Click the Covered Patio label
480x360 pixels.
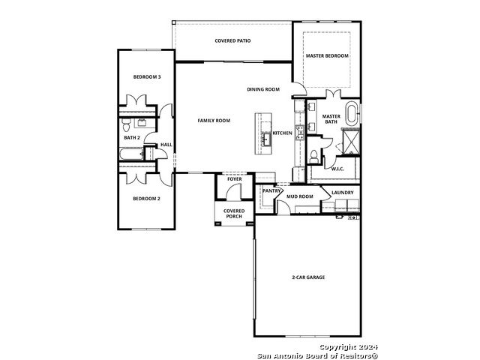(x=232, y=40)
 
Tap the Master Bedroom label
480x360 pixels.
(x=327, y=55)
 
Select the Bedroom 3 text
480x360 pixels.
(x=147, y=76)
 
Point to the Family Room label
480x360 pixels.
(x=214, y=121)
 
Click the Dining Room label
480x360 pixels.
(x=263, y=89)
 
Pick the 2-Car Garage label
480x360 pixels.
(x=308, y=277)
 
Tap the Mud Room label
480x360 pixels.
(x=300, y=196)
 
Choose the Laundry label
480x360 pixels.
(x=343, y=193)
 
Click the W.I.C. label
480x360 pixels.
(x=337, y=169)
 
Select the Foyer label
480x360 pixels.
(x=235, y=179)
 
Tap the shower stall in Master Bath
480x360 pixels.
(x=351, y=142)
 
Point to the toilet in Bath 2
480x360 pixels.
(x=126, y=124)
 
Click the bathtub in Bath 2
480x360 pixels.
(x=131, y=154)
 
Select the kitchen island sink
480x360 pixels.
(x=266, y=139)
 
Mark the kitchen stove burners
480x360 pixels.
(x=299, y=133)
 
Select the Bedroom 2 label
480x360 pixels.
(x=146, y=199)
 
